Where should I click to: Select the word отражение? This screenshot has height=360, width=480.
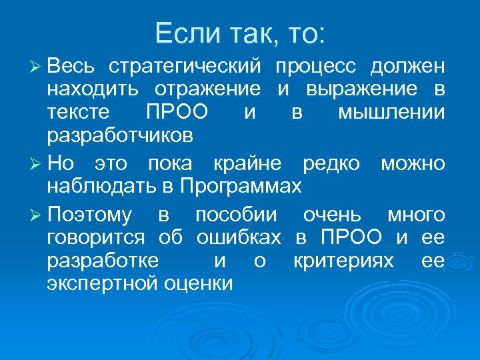point(208,89)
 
